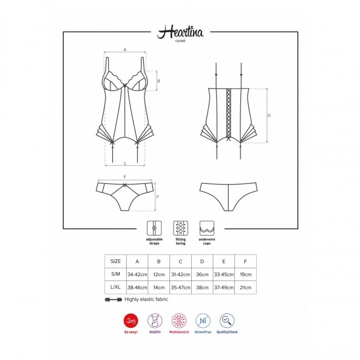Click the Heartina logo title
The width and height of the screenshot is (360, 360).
click(180, 32)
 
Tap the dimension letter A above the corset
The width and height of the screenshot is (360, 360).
click(125, 50)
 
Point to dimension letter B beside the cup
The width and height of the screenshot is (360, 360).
click(158, 81)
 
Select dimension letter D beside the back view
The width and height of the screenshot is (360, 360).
click(269, 115)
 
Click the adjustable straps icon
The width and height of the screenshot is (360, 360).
click(154, 228)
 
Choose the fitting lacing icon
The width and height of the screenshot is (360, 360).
click(181, 228)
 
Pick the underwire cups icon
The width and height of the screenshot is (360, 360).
click(207, 228)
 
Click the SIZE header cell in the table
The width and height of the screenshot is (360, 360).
click(115, 261)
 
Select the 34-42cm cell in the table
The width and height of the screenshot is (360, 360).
click(137, 274)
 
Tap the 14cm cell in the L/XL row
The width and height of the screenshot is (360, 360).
click(159, 287)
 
